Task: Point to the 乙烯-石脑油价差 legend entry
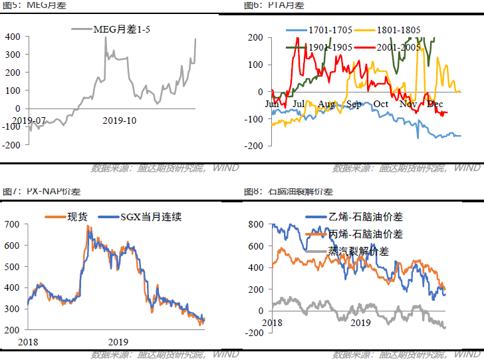[365, 218]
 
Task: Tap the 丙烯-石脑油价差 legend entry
[365, 234]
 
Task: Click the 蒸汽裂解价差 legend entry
[359, 252]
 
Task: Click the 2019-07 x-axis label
[29, 120]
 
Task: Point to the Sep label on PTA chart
[354, 104]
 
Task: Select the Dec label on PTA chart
[435, 104]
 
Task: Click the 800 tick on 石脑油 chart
[255, 225]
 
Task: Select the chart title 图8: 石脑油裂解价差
[289, 192]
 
